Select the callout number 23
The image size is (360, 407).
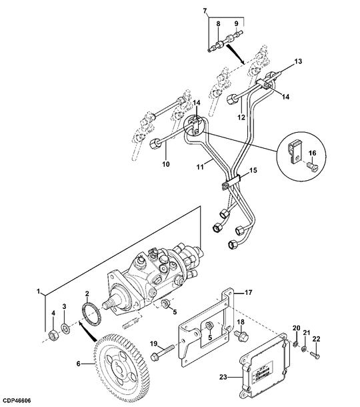[223, 376]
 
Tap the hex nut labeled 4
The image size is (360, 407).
[54, 335]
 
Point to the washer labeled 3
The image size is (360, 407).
[65, 328]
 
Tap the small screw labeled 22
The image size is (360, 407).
[315, 355]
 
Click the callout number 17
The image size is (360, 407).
[249, 292]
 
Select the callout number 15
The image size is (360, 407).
[253, 170]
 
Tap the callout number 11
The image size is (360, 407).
[200, 167]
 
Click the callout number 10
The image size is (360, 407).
[166, 164]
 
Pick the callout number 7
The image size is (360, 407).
[205, 11]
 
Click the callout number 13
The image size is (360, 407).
[298, 61]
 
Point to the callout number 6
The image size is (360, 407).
[79, 364]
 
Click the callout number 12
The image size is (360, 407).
[241, 117]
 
